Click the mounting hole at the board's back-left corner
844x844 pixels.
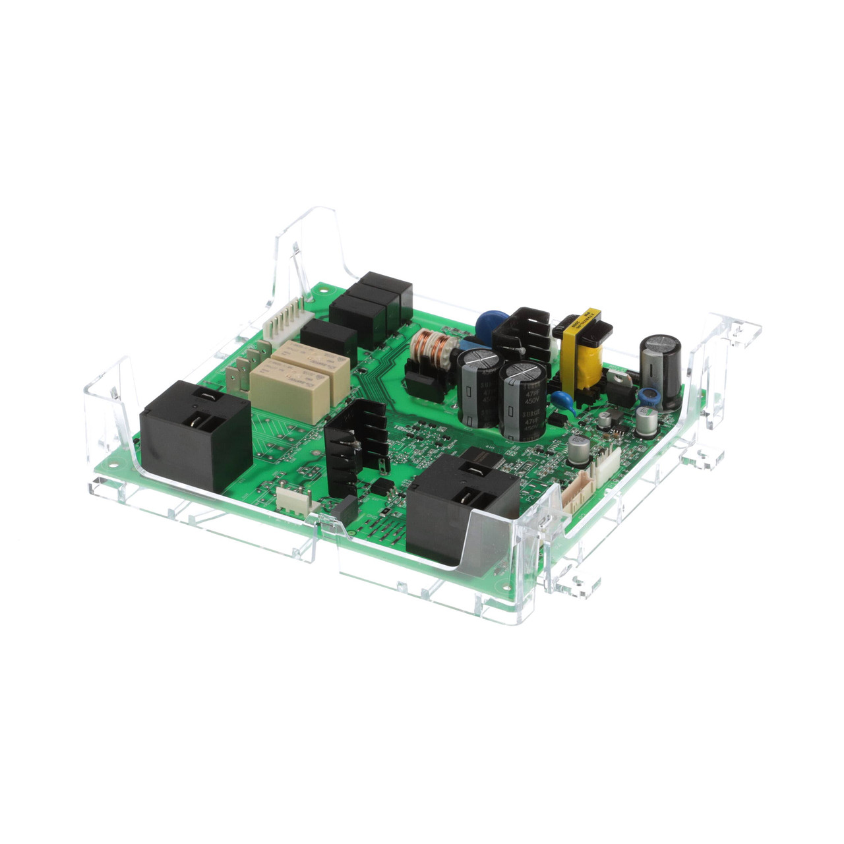coord(323,290)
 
